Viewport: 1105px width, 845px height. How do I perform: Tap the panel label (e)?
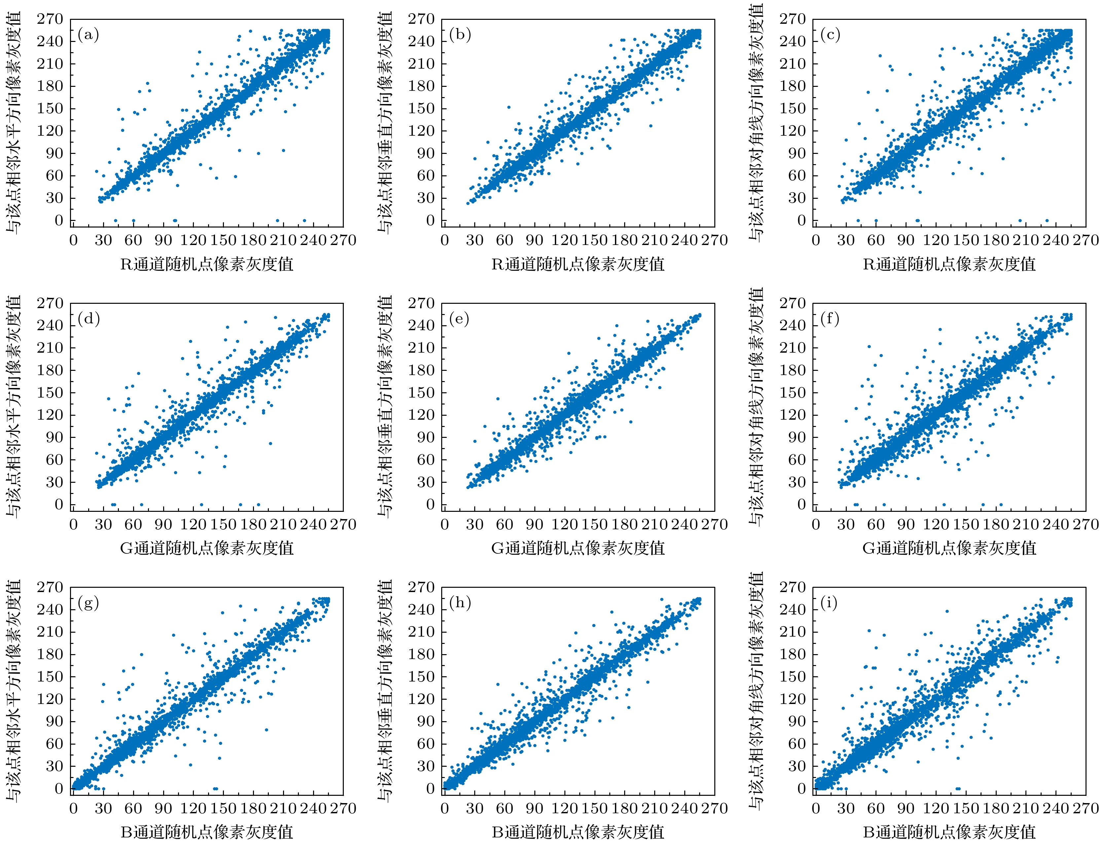coord(459,319)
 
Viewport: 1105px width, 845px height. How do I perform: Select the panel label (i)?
coord(829,603)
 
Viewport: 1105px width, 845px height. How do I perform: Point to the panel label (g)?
coord(89,603)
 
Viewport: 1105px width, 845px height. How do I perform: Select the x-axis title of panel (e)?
coord(578,548)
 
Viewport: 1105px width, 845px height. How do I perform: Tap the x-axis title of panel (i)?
coord(949,832)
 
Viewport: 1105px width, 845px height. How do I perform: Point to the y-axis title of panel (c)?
coord(756,122)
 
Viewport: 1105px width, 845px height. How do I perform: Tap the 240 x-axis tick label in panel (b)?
coord(685,240)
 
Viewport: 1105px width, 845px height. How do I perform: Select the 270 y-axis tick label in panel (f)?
coord(793,303)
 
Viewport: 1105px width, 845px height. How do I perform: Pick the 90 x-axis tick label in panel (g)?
coord(163,808)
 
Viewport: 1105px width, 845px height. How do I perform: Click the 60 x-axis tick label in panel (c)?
coord(876,240)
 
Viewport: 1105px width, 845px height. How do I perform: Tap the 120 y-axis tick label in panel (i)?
coord(793,699)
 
